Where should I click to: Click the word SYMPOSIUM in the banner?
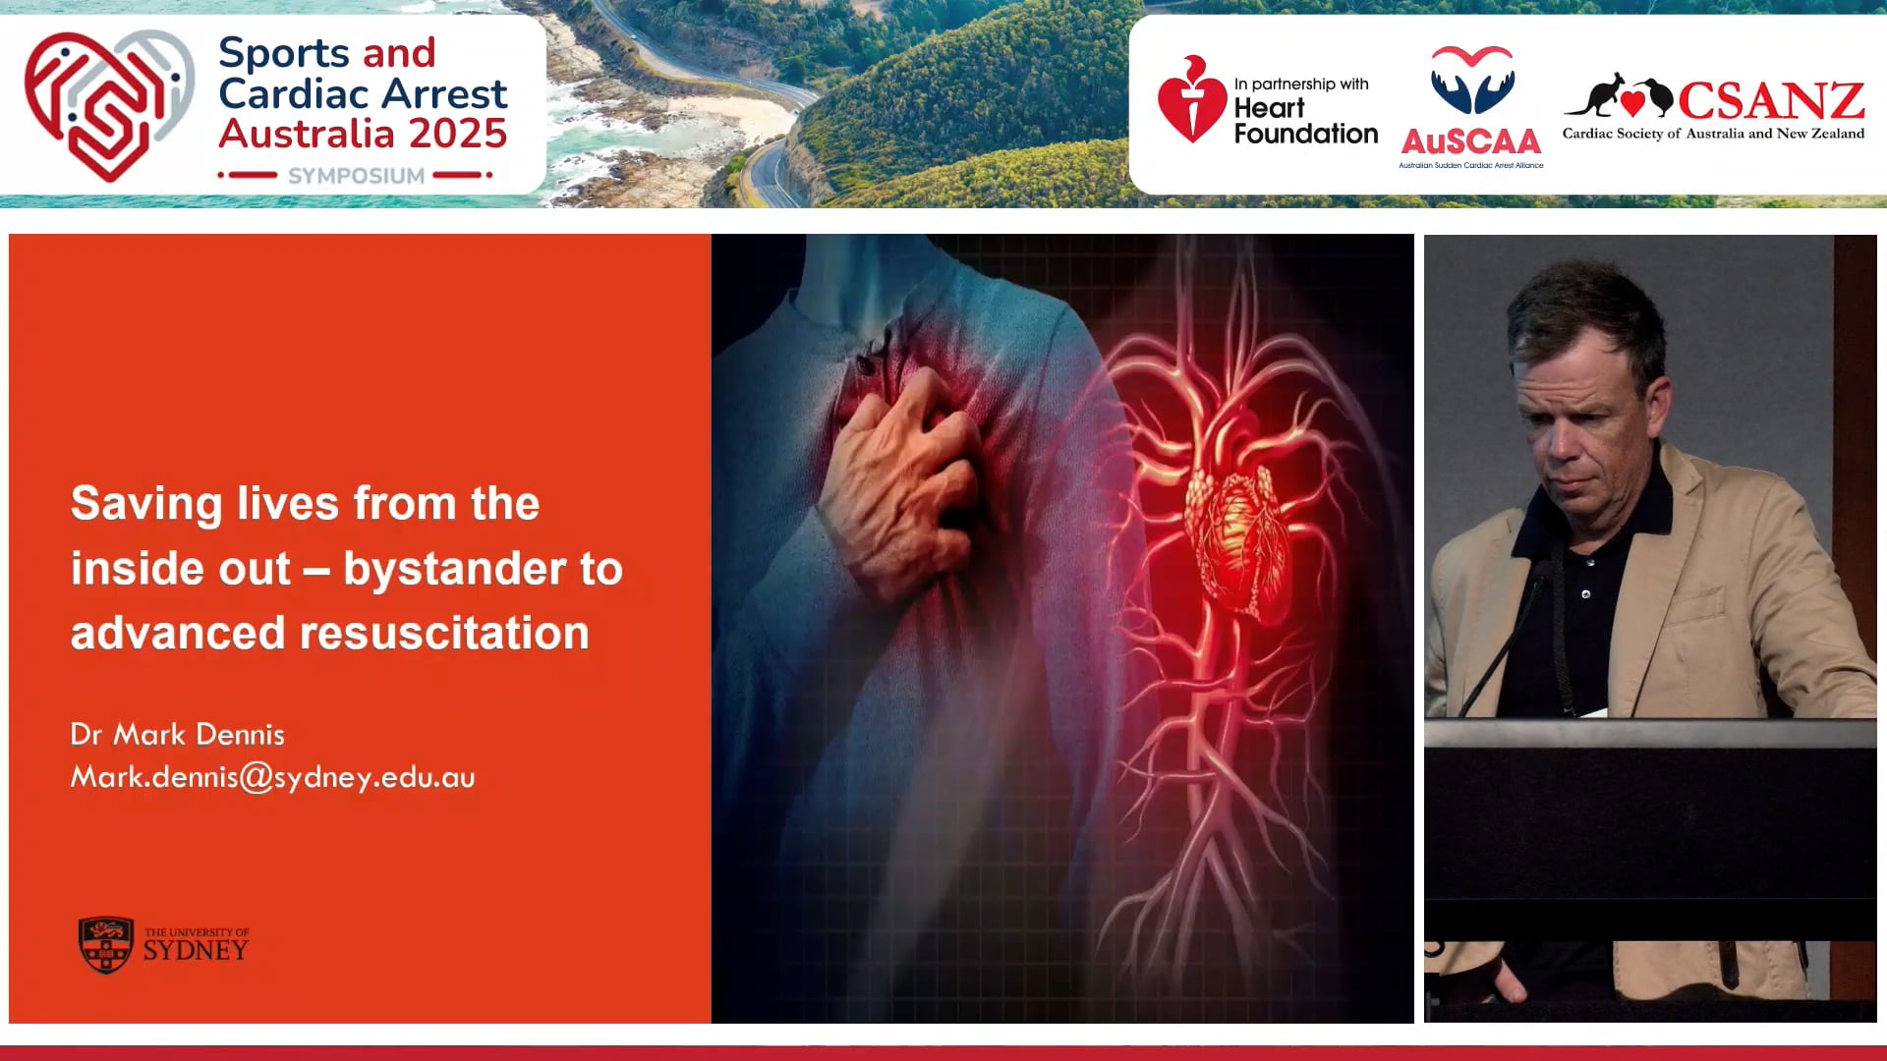(x=356, y=176)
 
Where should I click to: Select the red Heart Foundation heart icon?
(x=1191, y=102)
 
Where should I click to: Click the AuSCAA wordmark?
(x=1470, y=142)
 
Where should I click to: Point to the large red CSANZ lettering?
(x=1770, y=100)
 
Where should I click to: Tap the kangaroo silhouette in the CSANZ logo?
(x=1593, y=95)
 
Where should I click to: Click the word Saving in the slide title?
(x=146, y=504)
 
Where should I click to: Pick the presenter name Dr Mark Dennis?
(x=178, y=735)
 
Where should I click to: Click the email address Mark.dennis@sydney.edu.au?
(x=272, y=778)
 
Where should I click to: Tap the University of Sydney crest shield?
(x=105, y=945)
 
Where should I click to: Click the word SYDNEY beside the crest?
(x=196, y=951)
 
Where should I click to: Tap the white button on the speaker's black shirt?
(x=1585, y=594)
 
